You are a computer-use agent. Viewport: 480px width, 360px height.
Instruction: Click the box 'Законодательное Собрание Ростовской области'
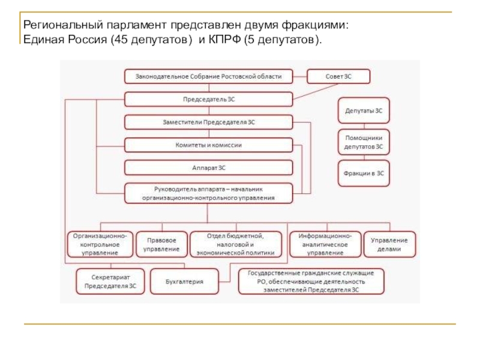209,76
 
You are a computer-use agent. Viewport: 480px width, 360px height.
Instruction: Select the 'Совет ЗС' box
338,76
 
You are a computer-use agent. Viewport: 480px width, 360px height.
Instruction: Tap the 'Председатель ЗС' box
209,99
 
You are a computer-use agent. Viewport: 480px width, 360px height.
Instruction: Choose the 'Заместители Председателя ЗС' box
209,122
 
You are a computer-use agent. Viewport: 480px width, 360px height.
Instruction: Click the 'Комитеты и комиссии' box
209,145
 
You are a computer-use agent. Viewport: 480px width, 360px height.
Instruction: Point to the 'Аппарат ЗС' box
209,167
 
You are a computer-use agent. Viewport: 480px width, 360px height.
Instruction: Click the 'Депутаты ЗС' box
364,110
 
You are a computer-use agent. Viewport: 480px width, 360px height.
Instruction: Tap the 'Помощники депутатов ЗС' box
364,142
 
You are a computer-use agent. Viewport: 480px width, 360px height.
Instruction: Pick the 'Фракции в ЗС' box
364,173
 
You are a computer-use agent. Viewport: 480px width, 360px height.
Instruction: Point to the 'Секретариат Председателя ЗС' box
110,281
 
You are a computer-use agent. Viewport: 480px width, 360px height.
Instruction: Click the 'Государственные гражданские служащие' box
311,281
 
